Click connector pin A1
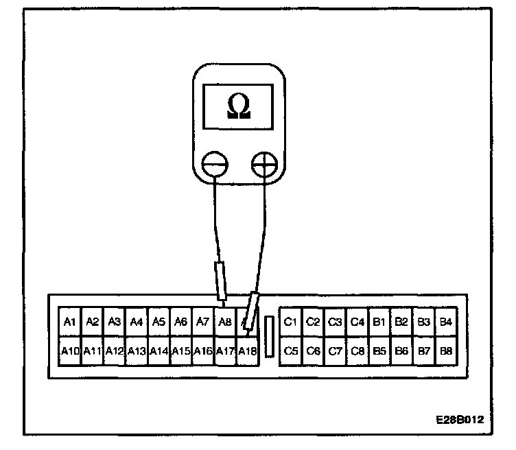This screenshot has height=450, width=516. (x=69, y=322)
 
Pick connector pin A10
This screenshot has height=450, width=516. (x=70, y=351)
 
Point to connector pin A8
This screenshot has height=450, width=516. (x=224, y=322)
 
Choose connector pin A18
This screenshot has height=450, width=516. (x=246, y=351)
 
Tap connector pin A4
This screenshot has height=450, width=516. (x=136, y=322)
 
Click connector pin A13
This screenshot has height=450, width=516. (x=136, y=351)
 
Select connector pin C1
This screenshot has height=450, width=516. (x=290, y=322)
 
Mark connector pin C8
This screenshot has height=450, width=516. (x=357, y=351)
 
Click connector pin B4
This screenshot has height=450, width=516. (x=446, y=322)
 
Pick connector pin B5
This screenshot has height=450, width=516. (x=379, y=351)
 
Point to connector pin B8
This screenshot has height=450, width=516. (x=446, y=351)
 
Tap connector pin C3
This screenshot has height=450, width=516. (x=335, y=322)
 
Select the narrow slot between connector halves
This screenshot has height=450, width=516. (x=269, y=336)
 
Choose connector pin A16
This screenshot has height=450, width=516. (x=202, y=351)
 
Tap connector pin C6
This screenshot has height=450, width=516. (x=313, y=351)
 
